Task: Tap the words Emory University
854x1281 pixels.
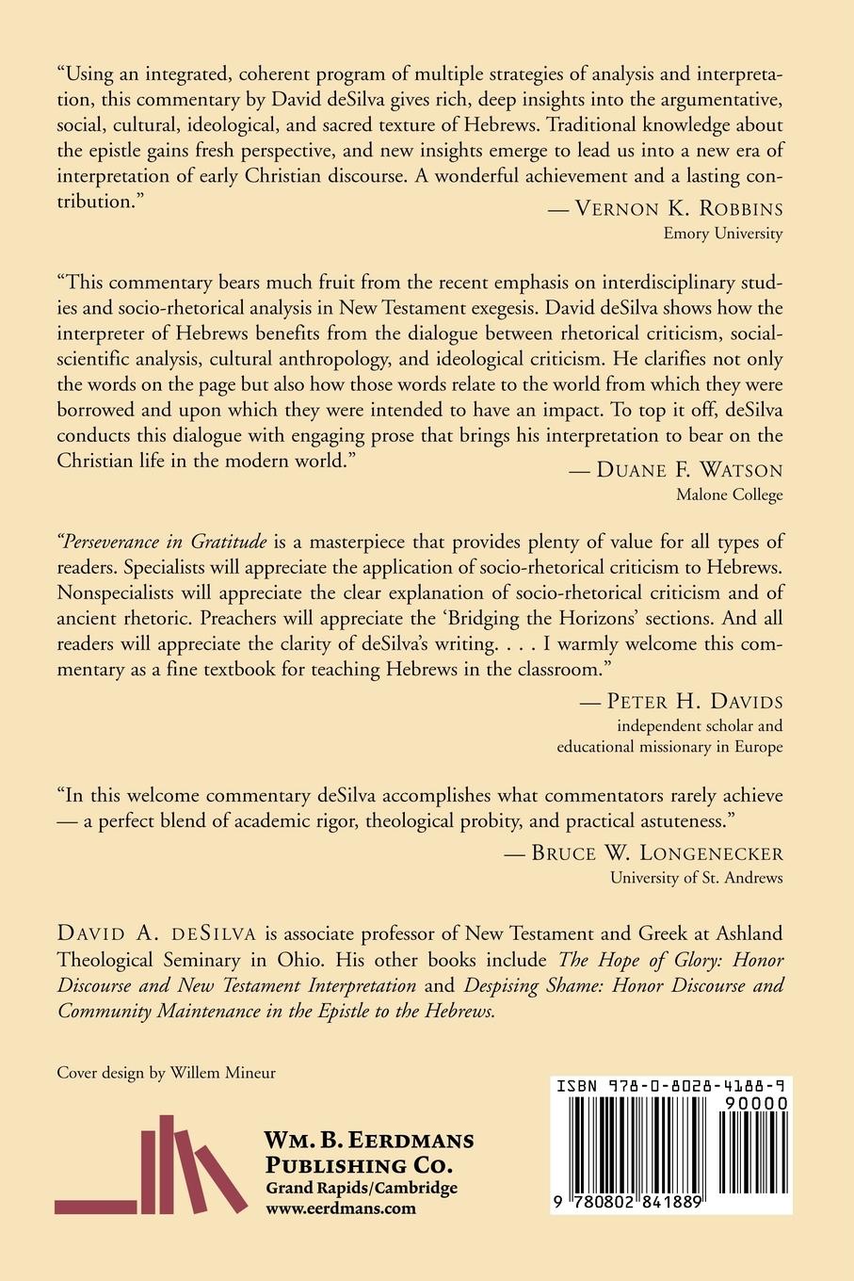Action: pos(723,234)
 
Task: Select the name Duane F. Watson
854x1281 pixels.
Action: pos(689,470)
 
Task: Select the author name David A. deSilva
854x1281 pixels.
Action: pos(157,934)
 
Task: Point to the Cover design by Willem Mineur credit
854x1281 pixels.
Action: pos(167,1072)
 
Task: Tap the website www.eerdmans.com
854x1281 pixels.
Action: pos(340,1208)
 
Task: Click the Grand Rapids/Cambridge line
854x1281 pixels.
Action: pos(361,1187)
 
